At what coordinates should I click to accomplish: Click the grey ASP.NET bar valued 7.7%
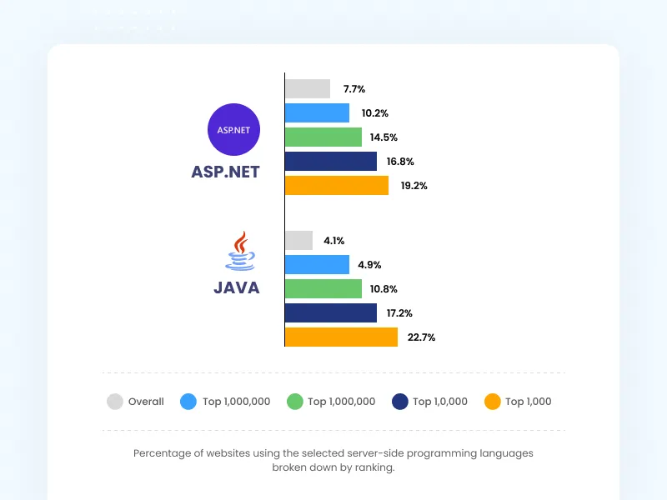(x=308, y=88)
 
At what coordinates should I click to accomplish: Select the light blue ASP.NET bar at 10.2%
(x=317, y=112)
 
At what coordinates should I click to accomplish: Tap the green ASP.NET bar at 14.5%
(x=323, y=137)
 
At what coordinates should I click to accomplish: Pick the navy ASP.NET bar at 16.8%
(x=331, y=161)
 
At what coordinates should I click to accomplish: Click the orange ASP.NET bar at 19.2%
(x=337, y=185)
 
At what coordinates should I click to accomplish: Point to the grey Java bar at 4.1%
(x=298, y=241)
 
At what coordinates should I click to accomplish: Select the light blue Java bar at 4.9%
(x=317, y=265)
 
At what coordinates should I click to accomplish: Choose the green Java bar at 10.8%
(x=323, y=289)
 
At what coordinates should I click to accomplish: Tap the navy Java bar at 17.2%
(x=331, y=313)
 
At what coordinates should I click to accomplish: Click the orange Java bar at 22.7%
(x=341, y=337)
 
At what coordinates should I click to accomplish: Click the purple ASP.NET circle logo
(x=234, y=130)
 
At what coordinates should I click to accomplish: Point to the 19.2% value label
(x=414, y=186)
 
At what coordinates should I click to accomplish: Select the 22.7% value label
(x=422, y=337)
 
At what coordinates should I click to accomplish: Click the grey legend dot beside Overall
(x=115, y=402)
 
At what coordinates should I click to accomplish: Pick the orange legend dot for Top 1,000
(x=493, y=402)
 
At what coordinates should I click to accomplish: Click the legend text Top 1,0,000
(x=440, y=402)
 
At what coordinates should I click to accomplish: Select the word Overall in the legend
(x=146, y=402)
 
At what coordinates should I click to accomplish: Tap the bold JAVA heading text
(x=237, y=288)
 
